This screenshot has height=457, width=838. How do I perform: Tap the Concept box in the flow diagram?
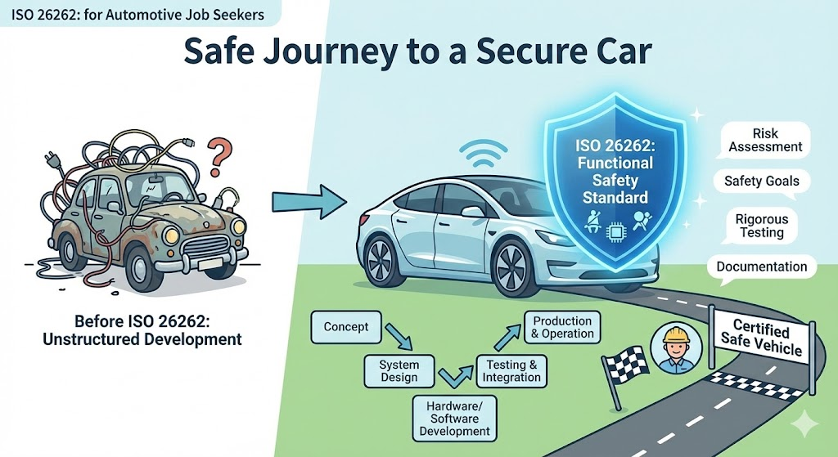pos(345,327)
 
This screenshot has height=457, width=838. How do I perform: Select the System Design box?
pos(399,370)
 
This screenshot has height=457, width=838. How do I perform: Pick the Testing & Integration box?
pos(511,371)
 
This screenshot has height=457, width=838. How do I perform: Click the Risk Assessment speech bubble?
pos(765,140)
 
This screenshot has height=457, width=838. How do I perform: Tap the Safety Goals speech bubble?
pos(761,181)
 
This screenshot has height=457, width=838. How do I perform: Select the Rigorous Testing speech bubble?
pos(761,226)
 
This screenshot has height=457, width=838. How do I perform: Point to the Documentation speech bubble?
pos(761,267)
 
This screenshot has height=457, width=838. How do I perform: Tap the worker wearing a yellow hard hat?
pos(674,349)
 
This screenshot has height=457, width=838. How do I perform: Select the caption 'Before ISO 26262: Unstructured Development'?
pos(142,329)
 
